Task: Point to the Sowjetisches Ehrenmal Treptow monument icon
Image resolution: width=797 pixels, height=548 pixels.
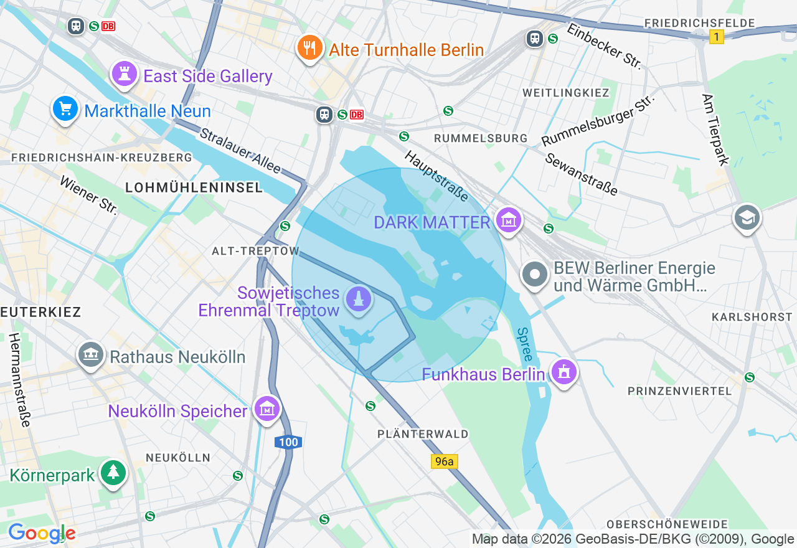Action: [358, 300]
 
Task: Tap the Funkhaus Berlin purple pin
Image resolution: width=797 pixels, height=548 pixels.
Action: [564, 372]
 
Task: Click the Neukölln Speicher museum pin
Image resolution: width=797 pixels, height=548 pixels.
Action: [267, 409]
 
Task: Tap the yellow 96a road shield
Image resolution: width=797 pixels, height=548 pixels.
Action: [444, 461]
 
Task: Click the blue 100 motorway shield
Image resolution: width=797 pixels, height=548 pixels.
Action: [288, 442]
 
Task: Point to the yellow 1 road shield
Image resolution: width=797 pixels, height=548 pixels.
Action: [717, 37]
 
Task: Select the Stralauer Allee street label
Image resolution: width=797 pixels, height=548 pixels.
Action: [240, 151]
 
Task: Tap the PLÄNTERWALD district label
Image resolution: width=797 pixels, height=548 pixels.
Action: [423, 433]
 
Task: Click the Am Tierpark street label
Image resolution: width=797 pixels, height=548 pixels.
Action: [715, 130]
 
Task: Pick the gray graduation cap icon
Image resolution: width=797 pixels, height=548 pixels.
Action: [747, 217]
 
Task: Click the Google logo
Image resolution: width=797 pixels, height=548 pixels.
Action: [42, 533]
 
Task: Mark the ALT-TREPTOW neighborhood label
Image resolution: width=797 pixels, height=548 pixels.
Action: [255, 251]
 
